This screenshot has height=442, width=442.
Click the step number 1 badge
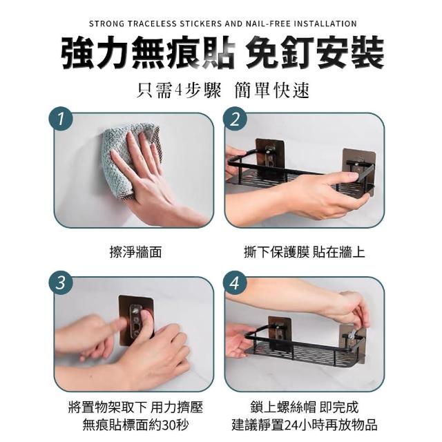tap(61, 119)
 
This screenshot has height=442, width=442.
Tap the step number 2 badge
tap(235, 119)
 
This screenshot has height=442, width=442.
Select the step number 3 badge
tap(61, 282)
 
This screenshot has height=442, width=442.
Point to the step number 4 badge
tap(235, 282)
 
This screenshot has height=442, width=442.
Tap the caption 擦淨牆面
tap(135, 251)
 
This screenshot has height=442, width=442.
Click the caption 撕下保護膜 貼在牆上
tap(304, 251)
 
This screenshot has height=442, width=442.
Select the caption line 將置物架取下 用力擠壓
tap(135, 407)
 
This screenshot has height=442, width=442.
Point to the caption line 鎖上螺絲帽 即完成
tap(304, 407)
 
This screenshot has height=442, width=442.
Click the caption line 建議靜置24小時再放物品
tap(304, 425)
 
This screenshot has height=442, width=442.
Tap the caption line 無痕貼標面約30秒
tap(135, 425)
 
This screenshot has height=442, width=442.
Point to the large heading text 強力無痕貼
tap(147, 54)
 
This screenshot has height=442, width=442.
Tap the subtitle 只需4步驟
tap(179, 90)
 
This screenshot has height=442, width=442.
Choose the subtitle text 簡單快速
tap(271, 90)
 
